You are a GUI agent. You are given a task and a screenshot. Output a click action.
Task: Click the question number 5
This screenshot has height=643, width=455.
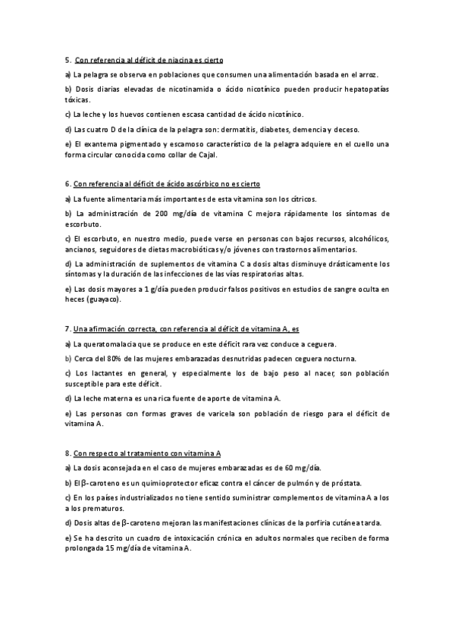tap(67, 59)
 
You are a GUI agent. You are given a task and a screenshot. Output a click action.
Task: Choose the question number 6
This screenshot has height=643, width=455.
tap(67, 183)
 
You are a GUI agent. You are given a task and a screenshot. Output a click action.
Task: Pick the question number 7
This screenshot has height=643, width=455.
tap(67, 329)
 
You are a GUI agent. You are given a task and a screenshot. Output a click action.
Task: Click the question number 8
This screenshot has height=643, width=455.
tap(67, 453)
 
